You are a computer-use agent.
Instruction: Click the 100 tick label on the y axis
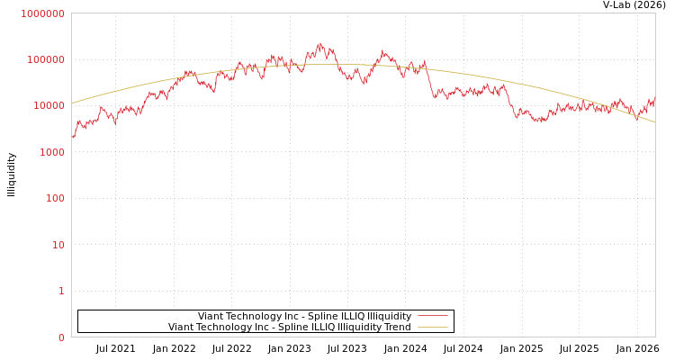pos(57,198)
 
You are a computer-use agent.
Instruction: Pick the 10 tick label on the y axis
pos(59,245)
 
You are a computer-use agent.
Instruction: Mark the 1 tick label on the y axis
pos(62,291)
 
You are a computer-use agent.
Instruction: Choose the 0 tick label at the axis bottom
pos(62,337)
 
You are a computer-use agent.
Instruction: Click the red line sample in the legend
pos(433,316)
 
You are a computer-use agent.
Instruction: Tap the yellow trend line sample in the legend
pos(433,327)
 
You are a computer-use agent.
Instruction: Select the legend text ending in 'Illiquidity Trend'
pos(289,327)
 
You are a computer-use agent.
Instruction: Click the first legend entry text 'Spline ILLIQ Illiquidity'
pos(304,316)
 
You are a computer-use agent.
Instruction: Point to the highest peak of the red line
pos(319,42)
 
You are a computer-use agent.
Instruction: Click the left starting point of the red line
pos(73,138)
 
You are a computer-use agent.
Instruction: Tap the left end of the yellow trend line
pos(72,103)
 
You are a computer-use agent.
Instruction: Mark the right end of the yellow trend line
pos(654,121)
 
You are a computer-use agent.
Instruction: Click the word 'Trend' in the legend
pos(397,327)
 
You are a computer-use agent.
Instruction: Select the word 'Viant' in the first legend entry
pos(211,316)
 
